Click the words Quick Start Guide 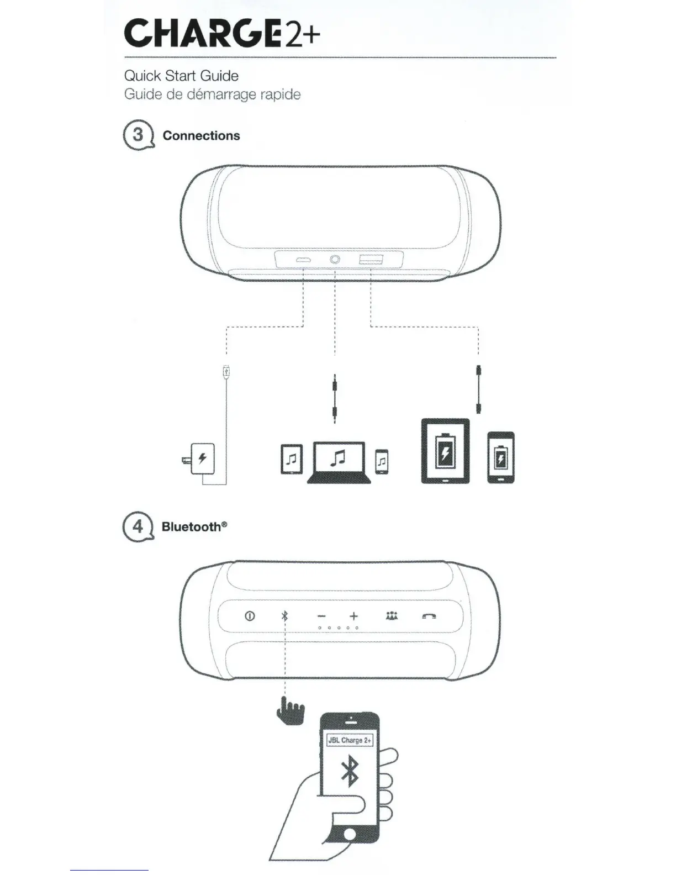coord(181,76)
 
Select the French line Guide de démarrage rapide coord(212,94)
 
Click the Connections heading coord(201,136)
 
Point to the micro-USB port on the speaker coord(303,260)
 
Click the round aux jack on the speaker coord(335,260)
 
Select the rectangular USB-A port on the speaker coord(371,260)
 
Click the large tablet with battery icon coord(445,451)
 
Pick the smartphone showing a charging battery coord(501,458)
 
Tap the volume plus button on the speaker coord(353,616)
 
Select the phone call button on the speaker coord(429,616)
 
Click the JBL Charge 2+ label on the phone coord(350,740)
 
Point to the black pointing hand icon coord(291,711)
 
